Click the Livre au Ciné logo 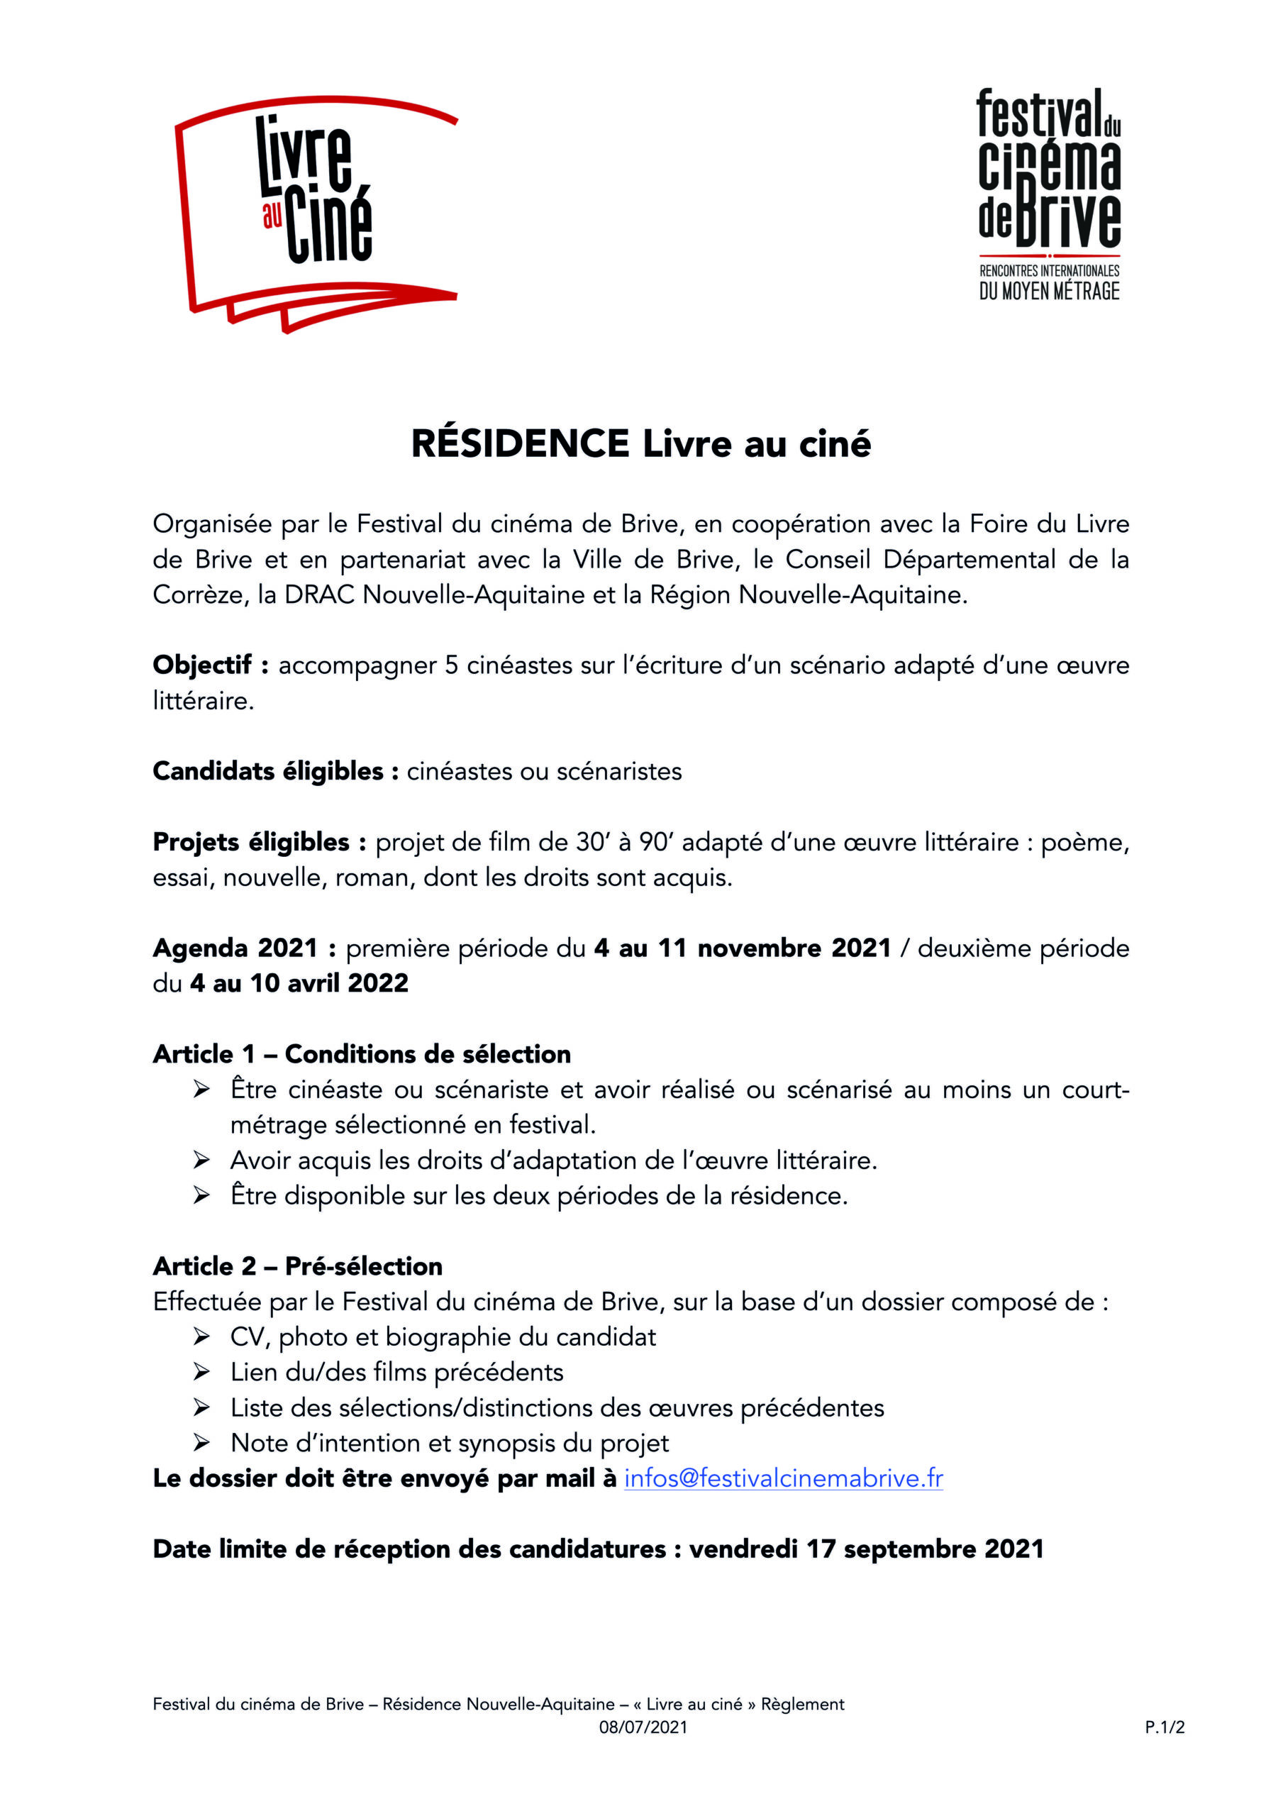[316, 214]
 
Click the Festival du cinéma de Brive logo [1049, 194]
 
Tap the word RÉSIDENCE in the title [520, 444]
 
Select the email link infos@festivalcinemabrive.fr [783, 1478]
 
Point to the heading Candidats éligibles [267, 771]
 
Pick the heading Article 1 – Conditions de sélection [362, 1054]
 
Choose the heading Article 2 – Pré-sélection [297, 1266]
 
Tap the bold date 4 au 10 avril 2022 [299, 983]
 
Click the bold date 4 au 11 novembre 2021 [742, 948]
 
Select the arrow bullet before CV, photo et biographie [201, 1337]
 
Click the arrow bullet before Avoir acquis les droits [201, 1161]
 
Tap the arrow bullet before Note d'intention [201, 1444]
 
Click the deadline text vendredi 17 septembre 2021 [866, 1549]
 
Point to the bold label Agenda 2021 [235, 948]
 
